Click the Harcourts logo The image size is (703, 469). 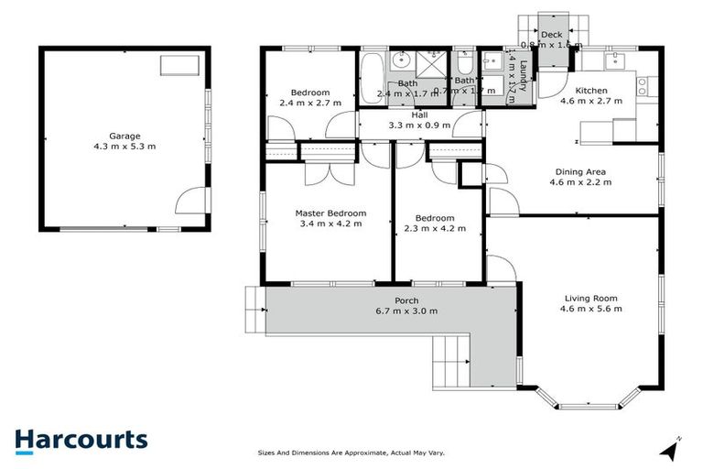click(81, 440)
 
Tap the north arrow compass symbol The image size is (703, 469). click(674, 449)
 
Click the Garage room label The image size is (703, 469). click(124, 136)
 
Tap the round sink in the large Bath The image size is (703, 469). click(400, 61)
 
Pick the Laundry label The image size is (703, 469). click(522, 77)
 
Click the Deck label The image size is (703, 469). click(551, 35)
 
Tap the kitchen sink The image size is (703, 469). click(614, 60)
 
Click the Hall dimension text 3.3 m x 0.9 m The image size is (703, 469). click(420, 125)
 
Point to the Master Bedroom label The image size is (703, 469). click(330, 213)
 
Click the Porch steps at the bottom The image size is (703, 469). click(450, 361)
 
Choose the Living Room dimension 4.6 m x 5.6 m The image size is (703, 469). click(590, 309)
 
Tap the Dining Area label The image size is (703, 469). click(580, 171)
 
